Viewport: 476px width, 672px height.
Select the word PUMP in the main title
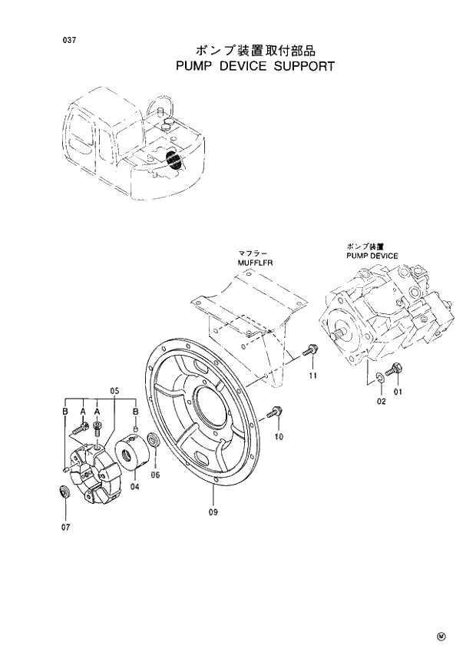[193, 66]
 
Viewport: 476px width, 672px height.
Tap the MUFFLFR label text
[255, 262]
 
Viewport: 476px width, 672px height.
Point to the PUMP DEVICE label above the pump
[372, 255]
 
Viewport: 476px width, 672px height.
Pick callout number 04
[134, 485]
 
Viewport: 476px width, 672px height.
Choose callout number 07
[65, 527]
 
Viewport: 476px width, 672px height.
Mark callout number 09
[213, 511]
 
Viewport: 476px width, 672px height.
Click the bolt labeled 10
[276, 413]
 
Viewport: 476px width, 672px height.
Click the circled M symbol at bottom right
[441, 637]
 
